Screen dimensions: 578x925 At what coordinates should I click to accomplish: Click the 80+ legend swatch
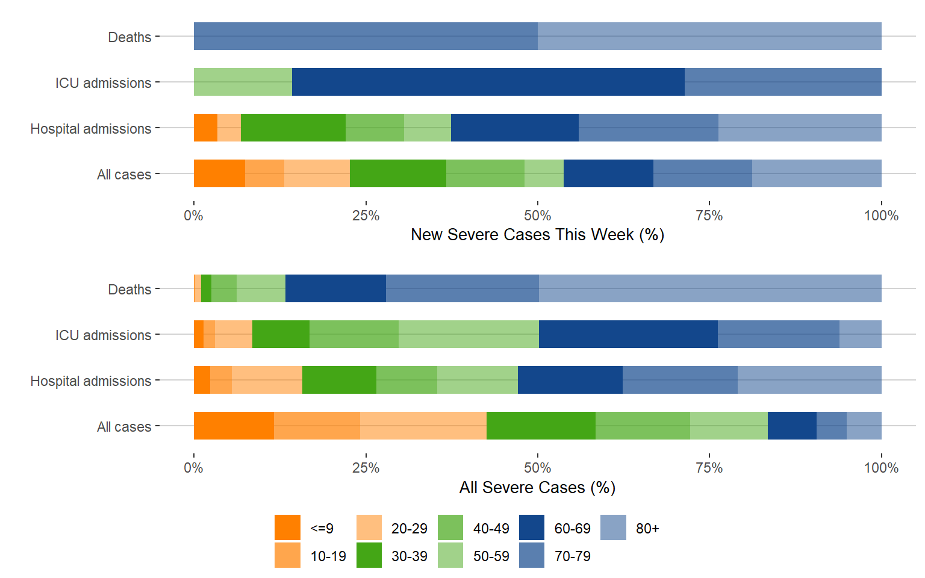point(613,527)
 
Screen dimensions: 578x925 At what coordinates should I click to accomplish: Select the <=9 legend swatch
point(287,527)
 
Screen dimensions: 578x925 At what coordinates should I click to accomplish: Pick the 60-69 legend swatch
point(532,527)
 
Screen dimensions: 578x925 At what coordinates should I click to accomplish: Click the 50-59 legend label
point(491,556)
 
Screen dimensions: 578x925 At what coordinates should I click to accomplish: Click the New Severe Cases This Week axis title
point(537,235)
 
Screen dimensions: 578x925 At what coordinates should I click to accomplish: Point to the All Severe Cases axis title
point(537,487)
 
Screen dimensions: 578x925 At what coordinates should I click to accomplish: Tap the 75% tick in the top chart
point(709,216)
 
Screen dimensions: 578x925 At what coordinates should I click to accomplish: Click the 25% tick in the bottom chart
point(366,468)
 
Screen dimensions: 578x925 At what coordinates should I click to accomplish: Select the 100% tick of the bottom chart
point(881,468)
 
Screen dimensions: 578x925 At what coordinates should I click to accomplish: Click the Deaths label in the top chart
point(129,37)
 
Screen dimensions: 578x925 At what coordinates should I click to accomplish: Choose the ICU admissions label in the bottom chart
point(103,335)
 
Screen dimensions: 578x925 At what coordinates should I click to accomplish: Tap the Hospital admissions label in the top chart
point(91,129)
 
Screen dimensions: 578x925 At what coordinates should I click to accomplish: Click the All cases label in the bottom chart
point(124,427)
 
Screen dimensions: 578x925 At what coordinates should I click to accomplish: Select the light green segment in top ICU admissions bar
point(243,82)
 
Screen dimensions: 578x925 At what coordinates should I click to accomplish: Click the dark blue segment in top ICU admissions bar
point(488,82)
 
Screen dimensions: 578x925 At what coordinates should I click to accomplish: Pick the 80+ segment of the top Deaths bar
point(709,36)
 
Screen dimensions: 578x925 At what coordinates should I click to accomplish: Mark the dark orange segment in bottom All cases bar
point(234,426)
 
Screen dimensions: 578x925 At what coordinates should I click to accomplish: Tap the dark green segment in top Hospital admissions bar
point(293,128)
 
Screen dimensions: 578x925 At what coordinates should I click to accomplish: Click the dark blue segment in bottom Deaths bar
point(335,288)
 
